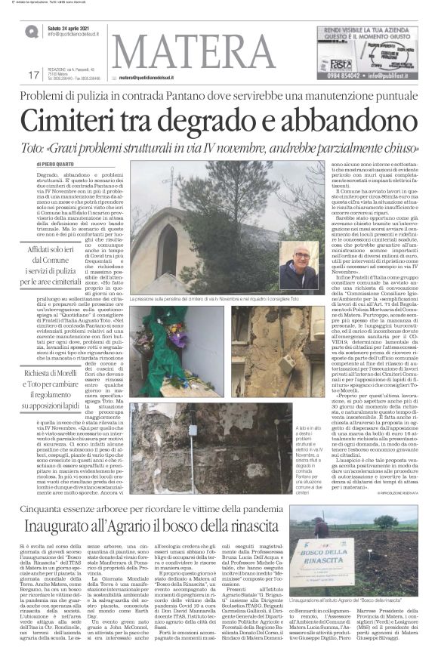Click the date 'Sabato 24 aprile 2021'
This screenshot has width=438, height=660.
click(x=70, y=28)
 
